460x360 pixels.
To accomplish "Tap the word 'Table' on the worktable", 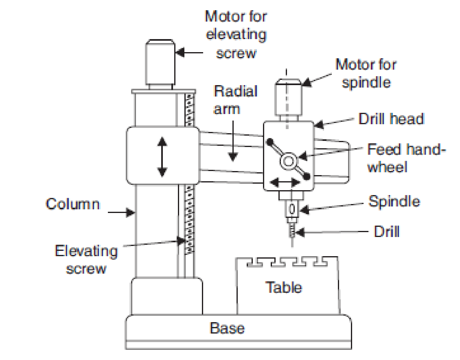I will coord(284,288).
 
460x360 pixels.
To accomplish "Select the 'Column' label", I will coord(73,204).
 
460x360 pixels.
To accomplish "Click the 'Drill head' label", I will coord(391,119).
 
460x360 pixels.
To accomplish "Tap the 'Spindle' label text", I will coord(394,202).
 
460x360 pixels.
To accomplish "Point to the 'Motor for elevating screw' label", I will coord(236,35).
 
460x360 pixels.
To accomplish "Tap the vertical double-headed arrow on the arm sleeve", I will coord(162,156).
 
